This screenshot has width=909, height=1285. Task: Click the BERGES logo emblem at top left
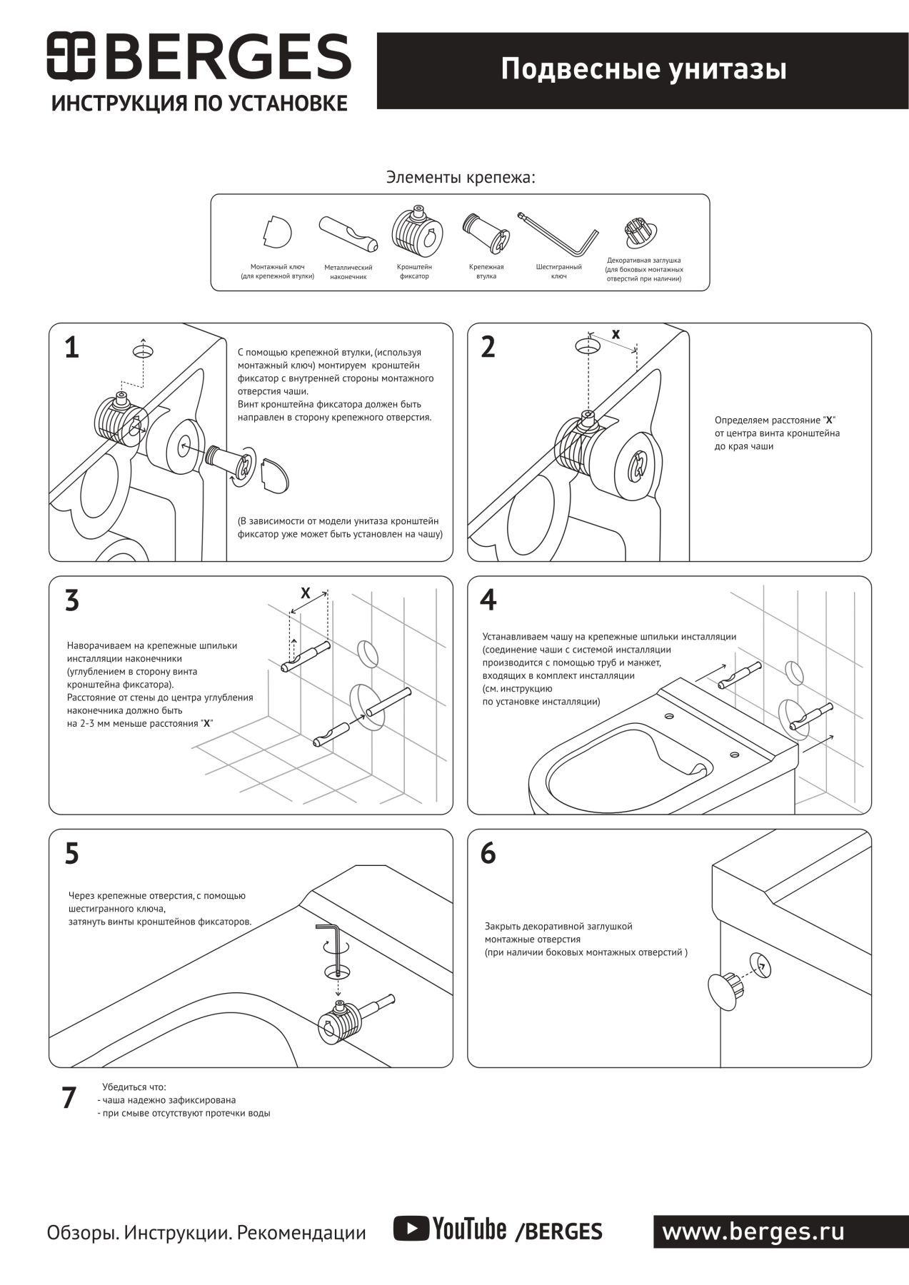(x=71, y=56)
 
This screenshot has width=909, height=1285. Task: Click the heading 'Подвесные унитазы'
(x=643, y=70)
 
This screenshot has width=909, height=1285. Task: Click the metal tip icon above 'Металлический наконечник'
(x=348, y=233)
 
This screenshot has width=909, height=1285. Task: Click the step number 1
(x=71, y=348)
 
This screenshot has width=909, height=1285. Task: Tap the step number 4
(x=488, y=600)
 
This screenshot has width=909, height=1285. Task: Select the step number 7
(x=69, y=1098)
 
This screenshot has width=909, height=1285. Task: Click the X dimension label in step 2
(x=616, y=333)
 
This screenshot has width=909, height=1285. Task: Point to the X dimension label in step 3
(x=306, y=593)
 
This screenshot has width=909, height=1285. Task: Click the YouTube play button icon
(x=411, y=1229)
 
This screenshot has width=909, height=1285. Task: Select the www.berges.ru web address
(x=753, y=1231)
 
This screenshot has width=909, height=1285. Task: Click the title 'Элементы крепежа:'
(x=461, y=177)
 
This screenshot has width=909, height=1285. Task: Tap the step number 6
(x=488, y=853)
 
